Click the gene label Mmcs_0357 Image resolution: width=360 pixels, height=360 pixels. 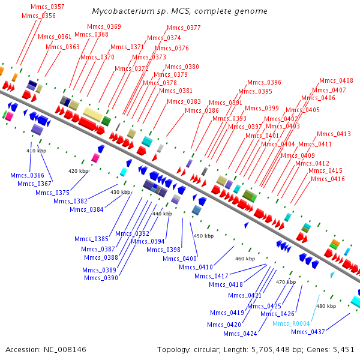click(47, 7)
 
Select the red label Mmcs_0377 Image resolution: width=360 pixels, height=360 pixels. click(184, 28)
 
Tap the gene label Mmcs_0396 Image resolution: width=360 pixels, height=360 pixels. click(264, 82)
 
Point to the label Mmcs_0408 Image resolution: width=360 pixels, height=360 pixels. click(336, 80)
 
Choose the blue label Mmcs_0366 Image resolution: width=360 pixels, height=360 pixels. click(27, 175)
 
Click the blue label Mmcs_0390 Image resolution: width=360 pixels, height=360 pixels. click(101, 278)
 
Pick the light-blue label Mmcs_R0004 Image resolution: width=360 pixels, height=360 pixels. click(291, 324)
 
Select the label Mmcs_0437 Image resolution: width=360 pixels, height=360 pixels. click(308, 332)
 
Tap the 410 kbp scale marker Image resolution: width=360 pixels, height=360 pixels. click(36, 151)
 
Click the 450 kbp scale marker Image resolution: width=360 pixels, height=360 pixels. click(203, 236)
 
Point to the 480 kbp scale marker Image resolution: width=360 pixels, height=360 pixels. click(326, 306)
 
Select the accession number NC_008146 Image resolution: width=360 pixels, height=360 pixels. click(65, 350)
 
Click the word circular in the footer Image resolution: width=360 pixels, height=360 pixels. click(207, 350)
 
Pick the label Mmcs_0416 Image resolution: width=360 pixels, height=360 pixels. click(328, 179)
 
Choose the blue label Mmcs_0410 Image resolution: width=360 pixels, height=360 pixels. click(196, 268)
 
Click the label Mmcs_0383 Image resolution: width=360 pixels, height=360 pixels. click(184, 102)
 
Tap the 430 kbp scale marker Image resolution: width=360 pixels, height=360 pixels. click(121, 192)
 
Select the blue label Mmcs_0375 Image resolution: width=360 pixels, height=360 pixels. click(52, 193)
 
